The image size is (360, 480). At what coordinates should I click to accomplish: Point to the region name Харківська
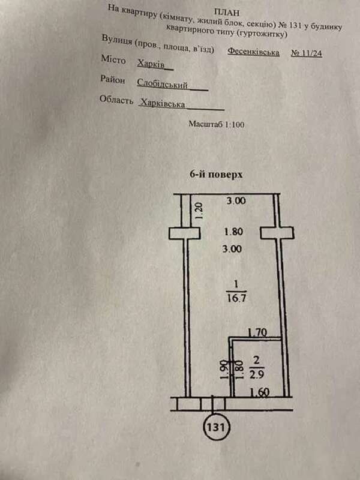[x=161, y=103]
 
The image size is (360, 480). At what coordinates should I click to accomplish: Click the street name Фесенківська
[x=253, y=52]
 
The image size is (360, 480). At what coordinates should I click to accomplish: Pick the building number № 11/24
[x=307, y=53]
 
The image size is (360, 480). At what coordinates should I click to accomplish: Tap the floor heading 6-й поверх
[x=216, y=174]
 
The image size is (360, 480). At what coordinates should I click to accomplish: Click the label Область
[x=116, y=100]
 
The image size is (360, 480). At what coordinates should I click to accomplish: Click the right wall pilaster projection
[x=278, y=232]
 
